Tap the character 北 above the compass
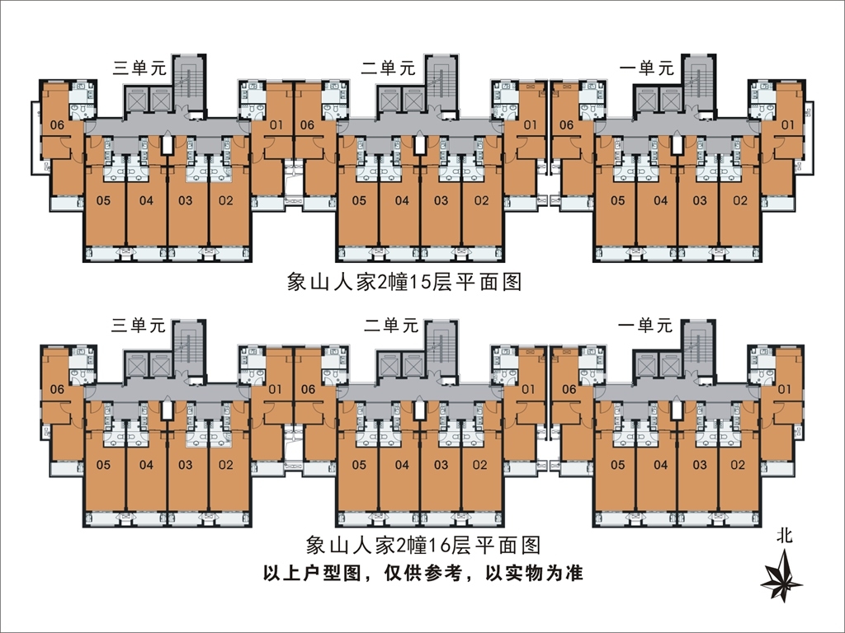[784, 536]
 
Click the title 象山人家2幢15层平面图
[404, 283]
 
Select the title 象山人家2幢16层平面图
[422, 546]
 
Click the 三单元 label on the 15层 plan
[139, 69]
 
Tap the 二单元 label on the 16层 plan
[391, 326]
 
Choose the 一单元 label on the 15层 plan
[645, 69]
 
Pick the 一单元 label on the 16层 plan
[645, 326]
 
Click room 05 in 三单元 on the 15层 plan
[104, 200]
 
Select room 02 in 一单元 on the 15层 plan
[739, 200]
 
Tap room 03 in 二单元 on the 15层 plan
[441, 200]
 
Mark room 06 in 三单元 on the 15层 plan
[57, 125]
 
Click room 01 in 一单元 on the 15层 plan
[786, 125]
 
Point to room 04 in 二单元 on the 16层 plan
[401, 465]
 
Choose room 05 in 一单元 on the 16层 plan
[617, 465]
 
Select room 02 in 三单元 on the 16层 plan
[226, 465]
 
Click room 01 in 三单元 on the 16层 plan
[276, 389]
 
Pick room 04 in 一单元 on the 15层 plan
[660, 200]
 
